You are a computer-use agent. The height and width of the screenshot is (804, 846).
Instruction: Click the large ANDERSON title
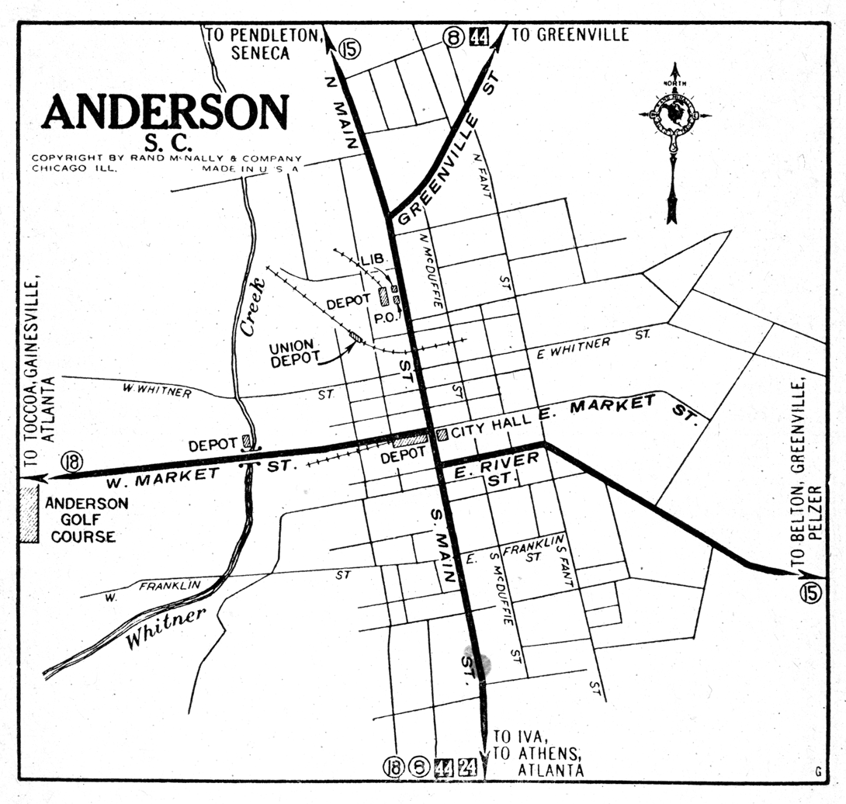coord(165,113)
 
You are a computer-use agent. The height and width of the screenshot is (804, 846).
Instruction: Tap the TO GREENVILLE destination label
coord(570,35)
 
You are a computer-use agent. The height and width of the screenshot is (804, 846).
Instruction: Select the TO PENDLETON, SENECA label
coord(262,43)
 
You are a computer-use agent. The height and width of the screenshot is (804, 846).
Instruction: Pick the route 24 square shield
coord(467,767)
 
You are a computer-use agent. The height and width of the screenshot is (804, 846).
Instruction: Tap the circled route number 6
coord(419,767)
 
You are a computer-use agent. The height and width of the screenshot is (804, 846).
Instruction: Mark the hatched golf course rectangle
coord(29,514)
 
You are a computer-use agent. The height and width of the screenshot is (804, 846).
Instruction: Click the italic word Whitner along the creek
coord(167,626)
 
